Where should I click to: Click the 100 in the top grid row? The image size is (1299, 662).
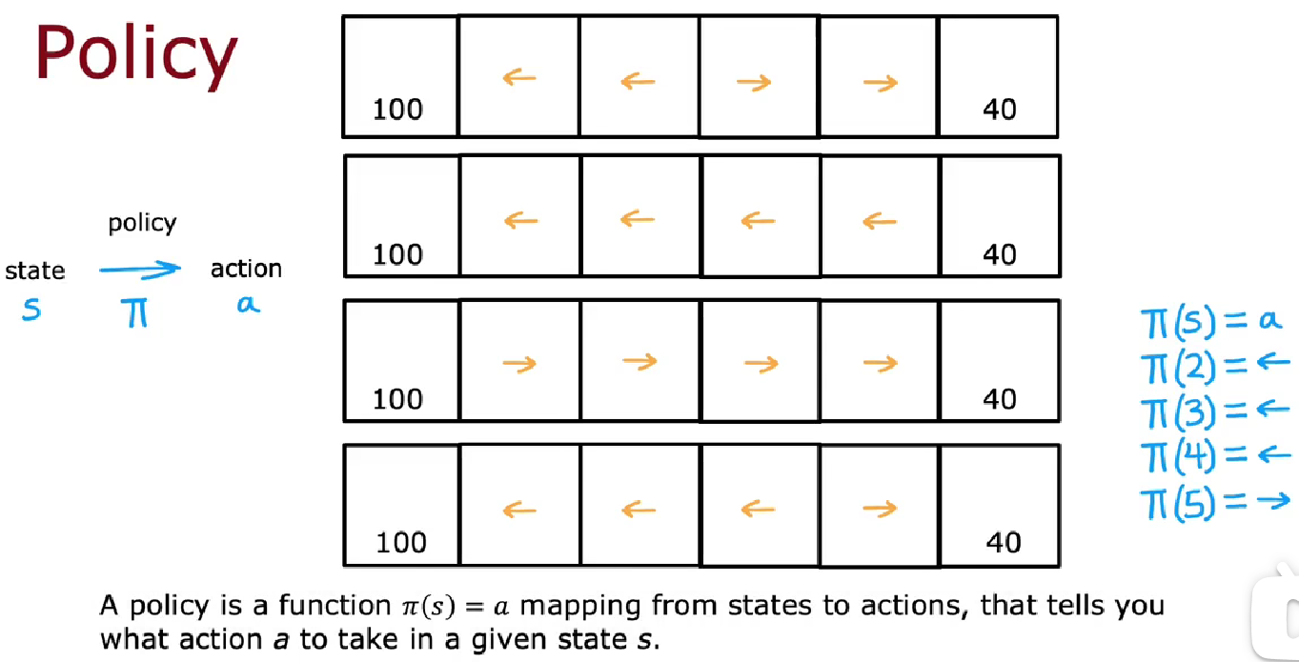click(x=397, y=110)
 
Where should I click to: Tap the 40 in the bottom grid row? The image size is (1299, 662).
click(x=1002, y=542)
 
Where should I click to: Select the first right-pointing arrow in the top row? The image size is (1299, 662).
click(x=754, y=83)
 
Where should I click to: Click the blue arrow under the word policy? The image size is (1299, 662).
click(x=139, y=270)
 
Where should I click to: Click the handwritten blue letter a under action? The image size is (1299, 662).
click(x=248, y=307)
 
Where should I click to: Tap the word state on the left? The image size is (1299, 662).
click(x=35, y=271)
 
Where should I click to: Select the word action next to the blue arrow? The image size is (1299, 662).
click(x=246, y=270)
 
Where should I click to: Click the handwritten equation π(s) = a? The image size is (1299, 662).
click(x=1211, y=321)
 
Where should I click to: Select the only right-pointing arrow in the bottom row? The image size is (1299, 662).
click(x=880, y=510)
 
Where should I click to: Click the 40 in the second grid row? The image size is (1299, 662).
click(x=1000, y=254)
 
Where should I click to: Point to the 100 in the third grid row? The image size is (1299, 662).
click(x=397, y=398)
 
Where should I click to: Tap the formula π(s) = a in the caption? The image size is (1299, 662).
click(x=455, y=606)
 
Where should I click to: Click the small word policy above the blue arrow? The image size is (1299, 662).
click(x=142, y=224)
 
